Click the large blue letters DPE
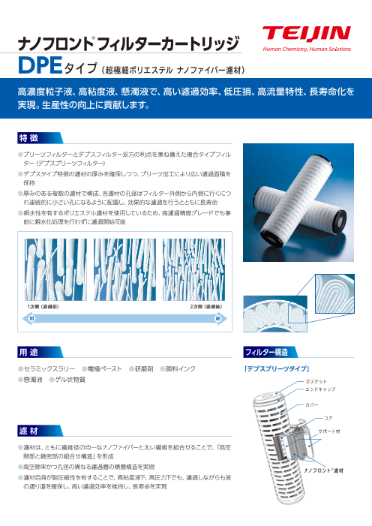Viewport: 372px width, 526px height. [x=40, y=65]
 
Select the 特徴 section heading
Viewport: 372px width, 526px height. [x=28, y=138]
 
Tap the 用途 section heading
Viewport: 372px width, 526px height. [x=28, y=352]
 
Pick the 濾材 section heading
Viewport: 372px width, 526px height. [x=28, y=431]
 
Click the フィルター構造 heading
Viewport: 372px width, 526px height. [x=266, y=352]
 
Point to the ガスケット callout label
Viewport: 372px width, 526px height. [x=316, y=381]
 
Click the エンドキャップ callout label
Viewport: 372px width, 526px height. [x=320, y=389]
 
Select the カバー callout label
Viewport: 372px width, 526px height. [x=311, y=405]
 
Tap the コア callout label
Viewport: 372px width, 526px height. [x=328, y=418]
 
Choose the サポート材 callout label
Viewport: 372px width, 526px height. [x=329, y=431]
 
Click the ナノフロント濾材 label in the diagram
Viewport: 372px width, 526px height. [x=323, y=470]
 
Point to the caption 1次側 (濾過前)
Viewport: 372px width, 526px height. [x=43, y=307]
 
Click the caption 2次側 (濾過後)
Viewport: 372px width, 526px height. [x=206, y=307]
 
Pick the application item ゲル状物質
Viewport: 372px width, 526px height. [x=70, y=380]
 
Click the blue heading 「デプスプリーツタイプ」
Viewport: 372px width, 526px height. [x=277, y=369]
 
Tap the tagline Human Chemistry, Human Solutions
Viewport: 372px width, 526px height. [x=307, y=50]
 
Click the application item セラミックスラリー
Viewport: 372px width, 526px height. [x=49, y=369]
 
